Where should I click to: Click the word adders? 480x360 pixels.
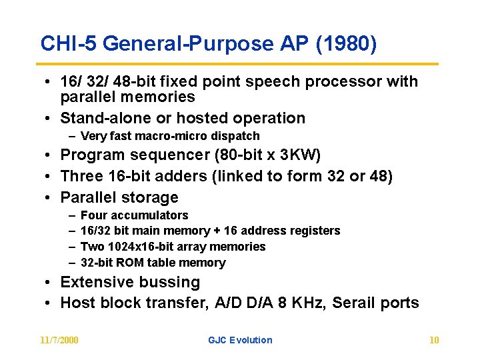(x=170, y=177)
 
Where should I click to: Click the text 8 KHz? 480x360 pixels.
(x=301, y=303)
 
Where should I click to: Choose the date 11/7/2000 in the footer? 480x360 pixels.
(x=59, y=340)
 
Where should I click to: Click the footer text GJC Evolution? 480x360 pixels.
(x=240, y=340)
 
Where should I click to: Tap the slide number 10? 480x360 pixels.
(x=434, y=340)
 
